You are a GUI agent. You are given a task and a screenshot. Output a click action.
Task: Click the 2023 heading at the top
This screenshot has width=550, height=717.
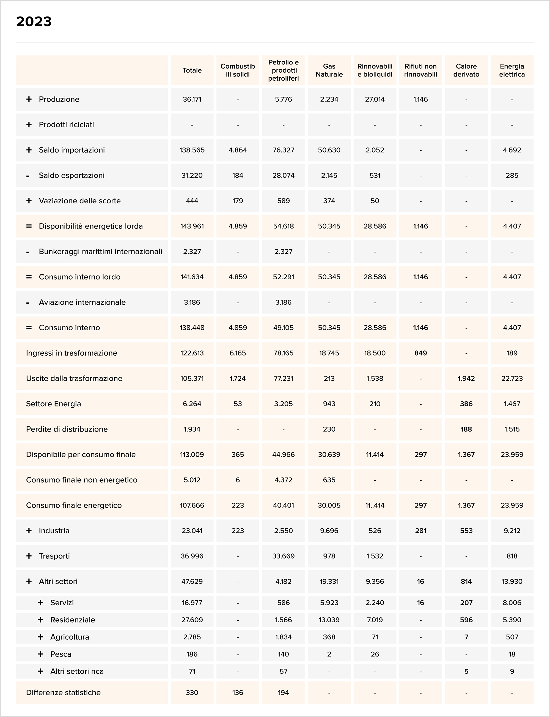tap(34, 22)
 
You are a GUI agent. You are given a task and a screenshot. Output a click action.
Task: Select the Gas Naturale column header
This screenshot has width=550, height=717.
tap(329, 70)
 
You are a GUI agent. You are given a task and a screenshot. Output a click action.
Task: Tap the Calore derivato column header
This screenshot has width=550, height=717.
tap(466, 70)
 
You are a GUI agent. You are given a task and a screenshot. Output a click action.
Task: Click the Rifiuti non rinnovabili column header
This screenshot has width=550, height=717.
tap(420, 70)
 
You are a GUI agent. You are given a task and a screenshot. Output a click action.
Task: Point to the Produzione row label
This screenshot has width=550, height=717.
tap(59, 99)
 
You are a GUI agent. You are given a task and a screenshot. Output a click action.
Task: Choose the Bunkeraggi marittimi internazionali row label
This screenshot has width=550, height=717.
tap(100, 252)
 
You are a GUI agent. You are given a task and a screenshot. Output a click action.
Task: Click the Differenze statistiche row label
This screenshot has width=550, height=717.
tap(63, 693)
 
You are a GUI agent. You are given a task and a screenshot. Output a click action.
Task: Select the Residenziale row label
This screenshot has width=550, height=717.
tap(72, 620)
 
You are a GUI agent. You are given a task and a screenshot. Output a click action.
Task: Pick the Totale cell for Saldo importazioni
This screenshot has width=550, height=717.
tap(192, 150)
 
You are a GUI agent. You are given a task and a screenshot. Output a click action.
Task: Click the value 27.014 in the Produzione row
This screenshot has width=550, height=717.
tap(375, 99)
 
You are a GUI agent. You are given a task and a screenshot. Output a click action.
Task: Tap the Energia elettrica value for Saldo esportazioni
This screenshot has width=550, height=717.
tap(512, 175)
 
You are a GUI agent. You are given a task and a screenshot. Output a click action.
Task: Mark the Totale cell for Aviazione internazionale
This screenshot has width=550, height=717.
tap(192, 302)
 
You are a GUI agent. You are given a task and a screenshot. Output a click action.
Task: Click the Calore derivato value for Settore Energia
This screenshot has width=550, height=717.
tap(466, 404)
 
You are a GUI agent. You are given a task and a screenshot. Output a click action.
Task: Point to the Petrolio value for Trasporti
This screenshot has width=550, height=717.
tap(283, 556)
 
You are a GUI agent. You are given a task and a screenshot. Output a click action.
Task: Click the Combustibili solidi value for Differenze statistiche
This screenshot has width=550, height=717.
tap(238, 693)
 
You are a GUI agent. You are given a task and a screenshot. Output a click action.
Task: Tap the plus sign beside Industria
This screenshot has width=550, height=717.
tap(29, 531)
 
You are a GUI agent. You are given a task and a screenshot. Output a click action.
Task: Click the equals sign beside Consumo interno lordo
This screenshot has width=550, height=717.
tap(29, 277)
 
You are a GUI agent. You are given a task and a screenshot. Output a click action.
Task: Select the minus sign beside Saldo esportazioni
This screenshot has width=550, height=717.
tap(28, 176)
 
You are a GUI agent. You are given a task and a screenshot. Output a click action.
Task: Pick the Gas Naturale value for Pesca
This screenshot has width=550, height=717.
tap(329, 654)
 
